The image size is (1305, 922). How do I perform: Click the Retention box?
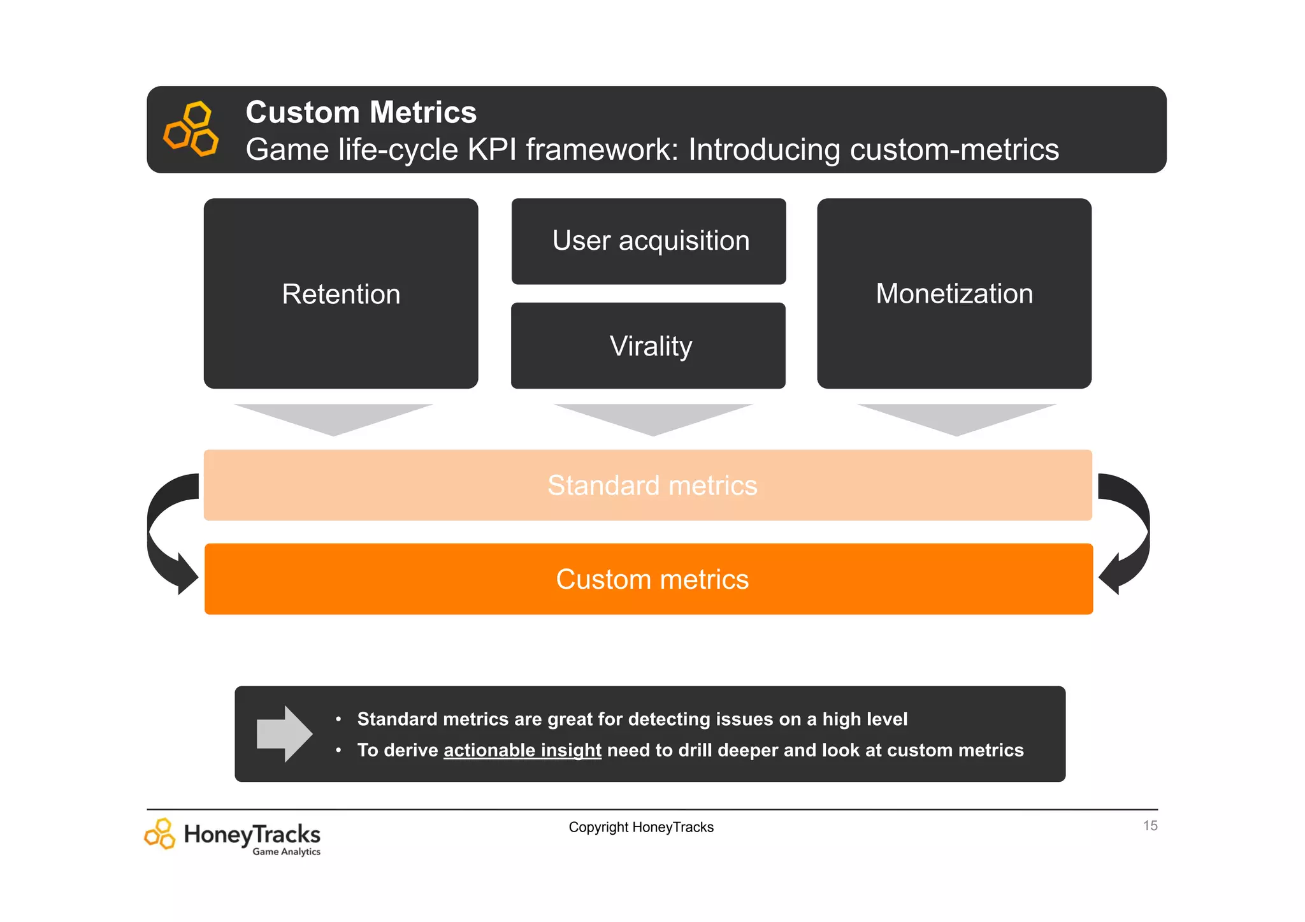(x=341, y=294)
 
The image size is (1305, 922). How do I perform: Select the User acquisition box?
(x=649, y=241)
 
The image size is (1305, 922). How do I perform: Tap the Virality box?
(x=649, y=346)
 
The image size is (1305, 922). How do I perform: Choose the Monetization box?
(x=954, y=294)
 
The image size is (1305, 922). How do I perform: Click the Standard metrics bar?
(x=648, y=486)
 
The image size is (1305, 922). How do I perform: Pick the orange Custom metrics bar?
(x=649, y=579)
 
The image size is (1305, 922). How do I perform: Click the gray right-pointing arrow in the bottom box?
(x=284, y=734)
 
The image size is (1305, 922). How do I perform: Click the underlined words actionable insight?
(x=522, y=751)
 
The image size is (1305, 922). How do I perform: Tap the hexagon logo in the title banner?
(x=191, y=129)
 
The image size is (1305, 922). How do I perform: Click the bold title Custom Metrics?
(x=361, y=112)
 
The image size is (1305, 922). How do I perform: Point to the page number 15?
(x=1150, y=826)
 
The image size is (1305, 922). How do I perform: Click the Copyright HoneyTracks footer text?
(x=641, y=827)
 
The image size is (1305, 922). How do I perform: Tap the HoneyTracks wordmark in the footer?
(x=252, y=834)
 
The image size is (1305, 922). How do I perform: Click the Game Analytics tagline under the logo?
(x=286, y=852)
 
